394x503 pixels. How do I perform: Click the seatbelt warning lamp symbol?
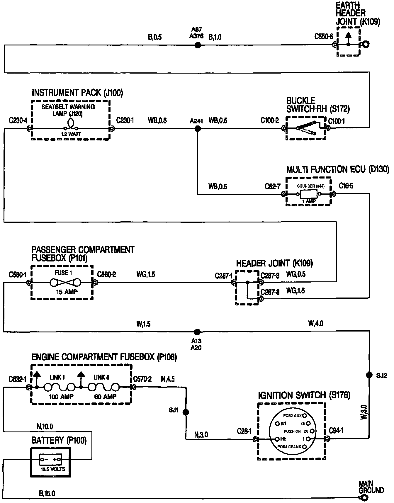coord(71,124)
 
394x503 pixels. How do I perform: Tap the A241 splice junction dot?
coord(198,128)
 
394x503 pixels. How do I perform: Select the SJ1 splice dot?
coord(186,412)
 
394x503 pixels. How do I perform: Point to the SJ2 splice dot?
coord(369,375)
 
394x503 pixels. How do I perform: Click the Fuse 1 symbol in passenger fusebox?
coord(65,283)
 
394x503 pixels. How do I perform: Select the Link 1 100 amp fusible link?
coord(60,387)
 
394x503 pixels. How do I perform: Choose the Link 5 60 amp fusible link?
coord(103,387)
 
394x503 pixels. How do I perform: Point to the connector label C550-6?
coord(324,37)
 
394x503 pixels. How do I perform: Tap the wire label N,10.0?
coord(45,426)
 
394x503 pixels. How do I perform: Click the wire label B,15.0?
coord(47,494)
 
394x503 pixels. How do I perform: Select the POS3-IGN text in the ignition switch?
coord(292,431)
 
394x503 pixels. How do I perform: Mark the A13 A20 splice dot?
coord(197,332)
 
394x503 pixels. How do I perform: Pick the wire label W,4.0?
coord(316,324)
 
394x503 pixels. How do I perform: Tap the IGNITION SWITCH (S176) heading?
coord(304,395)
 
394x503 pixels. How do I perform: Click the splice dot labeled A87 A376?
coord(198,45)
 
